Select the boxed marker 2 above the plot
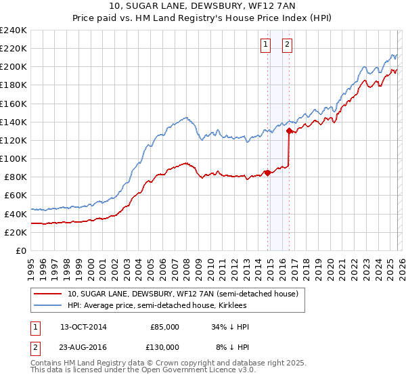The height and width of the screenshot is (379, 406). [x=287, y=45]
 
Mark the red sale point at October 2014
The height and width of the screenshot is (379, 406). [x=267, y=172]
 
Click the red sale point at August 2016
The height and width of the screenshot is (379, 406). [x=290, y=131]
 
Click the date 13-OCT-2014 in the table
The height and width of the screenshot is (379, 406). [x=83, y=327]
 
